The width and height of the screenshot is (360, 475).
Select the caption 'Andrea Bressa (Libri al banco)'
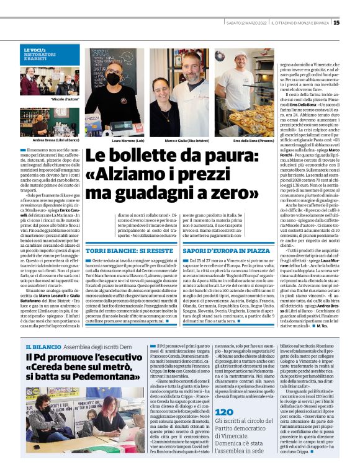tap(47, 141)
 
